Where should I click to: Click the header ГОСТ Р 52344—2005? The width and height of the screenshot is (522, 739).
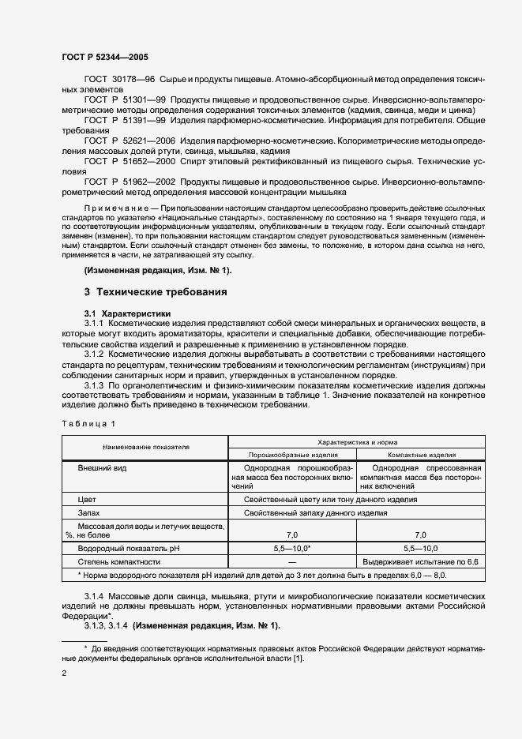coord(105,58)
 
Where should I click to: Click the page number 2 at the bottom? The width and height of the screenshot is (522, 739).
coord(64,673)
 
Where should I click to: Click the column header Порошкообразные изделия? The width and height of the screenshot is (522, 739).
coord(293,455)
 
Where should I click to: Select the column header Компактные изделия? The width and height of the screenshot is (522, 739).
coord(420,455)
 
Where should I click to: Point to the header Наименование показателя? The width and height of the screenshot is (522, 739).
coord(145,447)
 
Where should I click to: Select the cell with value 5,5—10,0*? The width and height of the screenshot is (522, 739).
coord(293,548)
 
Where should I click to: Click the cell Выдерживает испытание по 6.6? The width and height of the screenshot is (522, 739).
coord(420,561)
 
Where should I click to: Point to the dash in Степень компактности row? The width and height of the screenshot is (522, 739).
coord(293,561)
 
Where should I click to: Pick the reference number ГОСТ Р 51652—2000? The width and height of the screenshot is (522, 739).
coord(123,160)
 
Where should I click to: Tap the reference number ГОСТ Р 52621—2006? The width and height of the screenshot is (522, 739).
coord(123,140)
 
